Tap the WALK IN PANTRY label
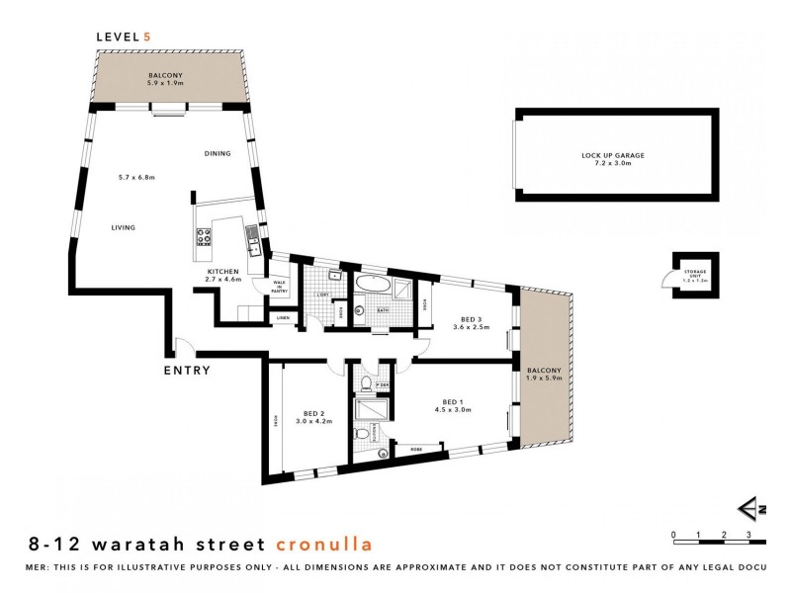point(279,287)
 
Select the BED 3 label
point(471,318)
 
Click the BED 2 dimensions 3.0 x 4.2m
point(313,421)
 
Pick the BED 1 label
point(454,401)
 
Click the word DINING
point(218,154)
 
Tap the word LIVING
point(123,227)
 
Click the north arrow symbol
point(753,509)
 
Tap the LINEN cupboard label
point(283,317)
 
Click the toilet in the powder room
point(367,382)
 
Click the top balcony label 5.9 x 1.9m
point(165,83)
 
